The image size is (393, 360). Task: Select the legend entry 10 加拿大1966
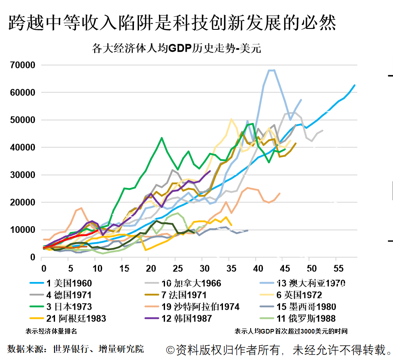click(191, 283)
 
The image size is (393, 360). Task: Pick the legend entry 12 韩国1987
click(186, 318)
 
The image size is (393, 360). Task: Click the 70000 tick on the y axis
click(24, 65)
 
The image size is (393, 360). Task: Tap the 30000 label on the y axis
click(24, 175)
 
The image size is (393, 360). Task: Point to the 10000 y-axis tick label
click(24, 230)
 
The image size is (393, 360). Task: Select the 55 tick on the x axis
click(336, 268)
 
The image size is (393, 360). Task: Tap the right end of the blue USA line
click(355, 85)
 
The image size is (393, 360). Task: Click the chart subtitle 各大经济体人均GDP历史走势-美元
click(176, 48)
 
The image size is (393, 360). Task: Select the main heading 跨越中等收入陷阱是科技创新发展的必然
click(172, 23)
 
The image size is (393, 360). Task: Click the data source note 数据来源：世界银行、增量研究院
click(76, 349)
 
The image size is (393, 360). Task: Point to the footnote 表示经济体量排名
click(51, 331)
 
